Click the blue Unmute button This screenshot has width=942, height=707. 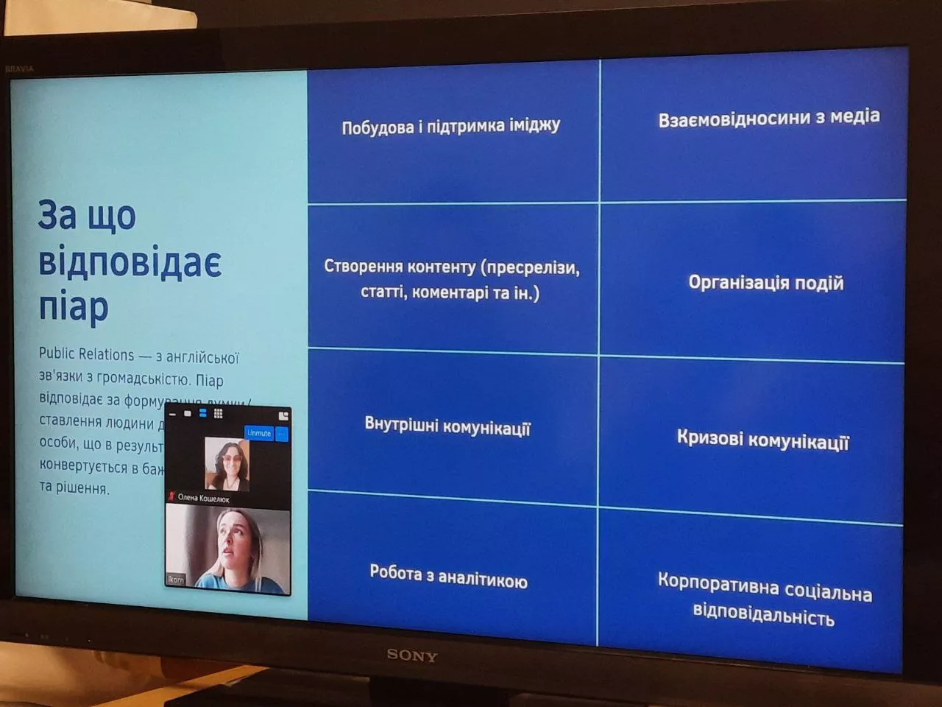tap(258, 433)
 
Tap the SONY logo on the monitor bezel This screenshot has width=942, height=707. tap(411, 655)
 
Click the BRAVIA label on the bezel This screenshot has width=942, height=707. tap(19, 69)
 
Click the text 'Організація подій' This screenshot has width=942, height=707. tap(765, 283)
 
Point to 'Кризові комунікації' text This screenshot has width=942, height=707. tap(762, 440)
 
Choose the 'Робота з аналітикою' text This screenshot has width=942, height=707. tap(448, 577)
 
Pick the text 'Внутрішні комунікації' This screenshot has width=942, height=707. tap(447, 426)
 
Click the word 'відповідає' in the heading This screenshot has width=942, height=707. tap(130, 262)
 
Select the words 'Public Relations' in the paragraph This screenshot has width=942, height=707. tap(86, 354)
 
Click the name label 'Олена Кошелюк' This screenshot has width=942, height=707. tap(203, 499)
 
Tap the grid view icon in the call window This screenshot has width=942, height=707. tap(219, 414)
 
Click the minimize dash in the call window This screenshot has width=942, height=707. tap(173, 415)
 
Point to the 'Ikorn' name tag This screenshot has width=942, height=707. tap(176, 580)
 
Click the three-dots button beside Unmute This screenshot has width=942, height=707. tap(282, 434)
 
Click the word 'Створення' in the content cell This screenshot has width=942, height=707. tap(357, 266)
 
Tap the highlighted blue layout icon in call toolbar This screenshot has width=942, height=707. tap(203, 414)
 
